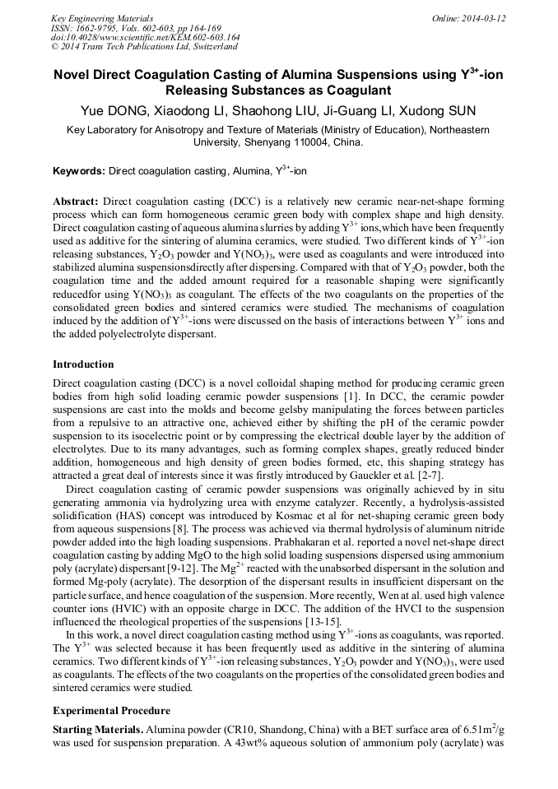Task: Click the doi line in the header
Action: [x=145, y=37]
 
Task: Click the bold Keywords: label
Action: [x=79, y=171]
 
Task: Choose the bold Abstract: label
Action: [x=76, y=202]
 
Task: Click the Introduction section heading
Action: [x=83, y=364]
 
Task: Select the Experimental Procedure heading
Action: [x=111, y=710]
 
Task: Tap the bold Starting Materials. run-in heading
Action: [x=96, y=730]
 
